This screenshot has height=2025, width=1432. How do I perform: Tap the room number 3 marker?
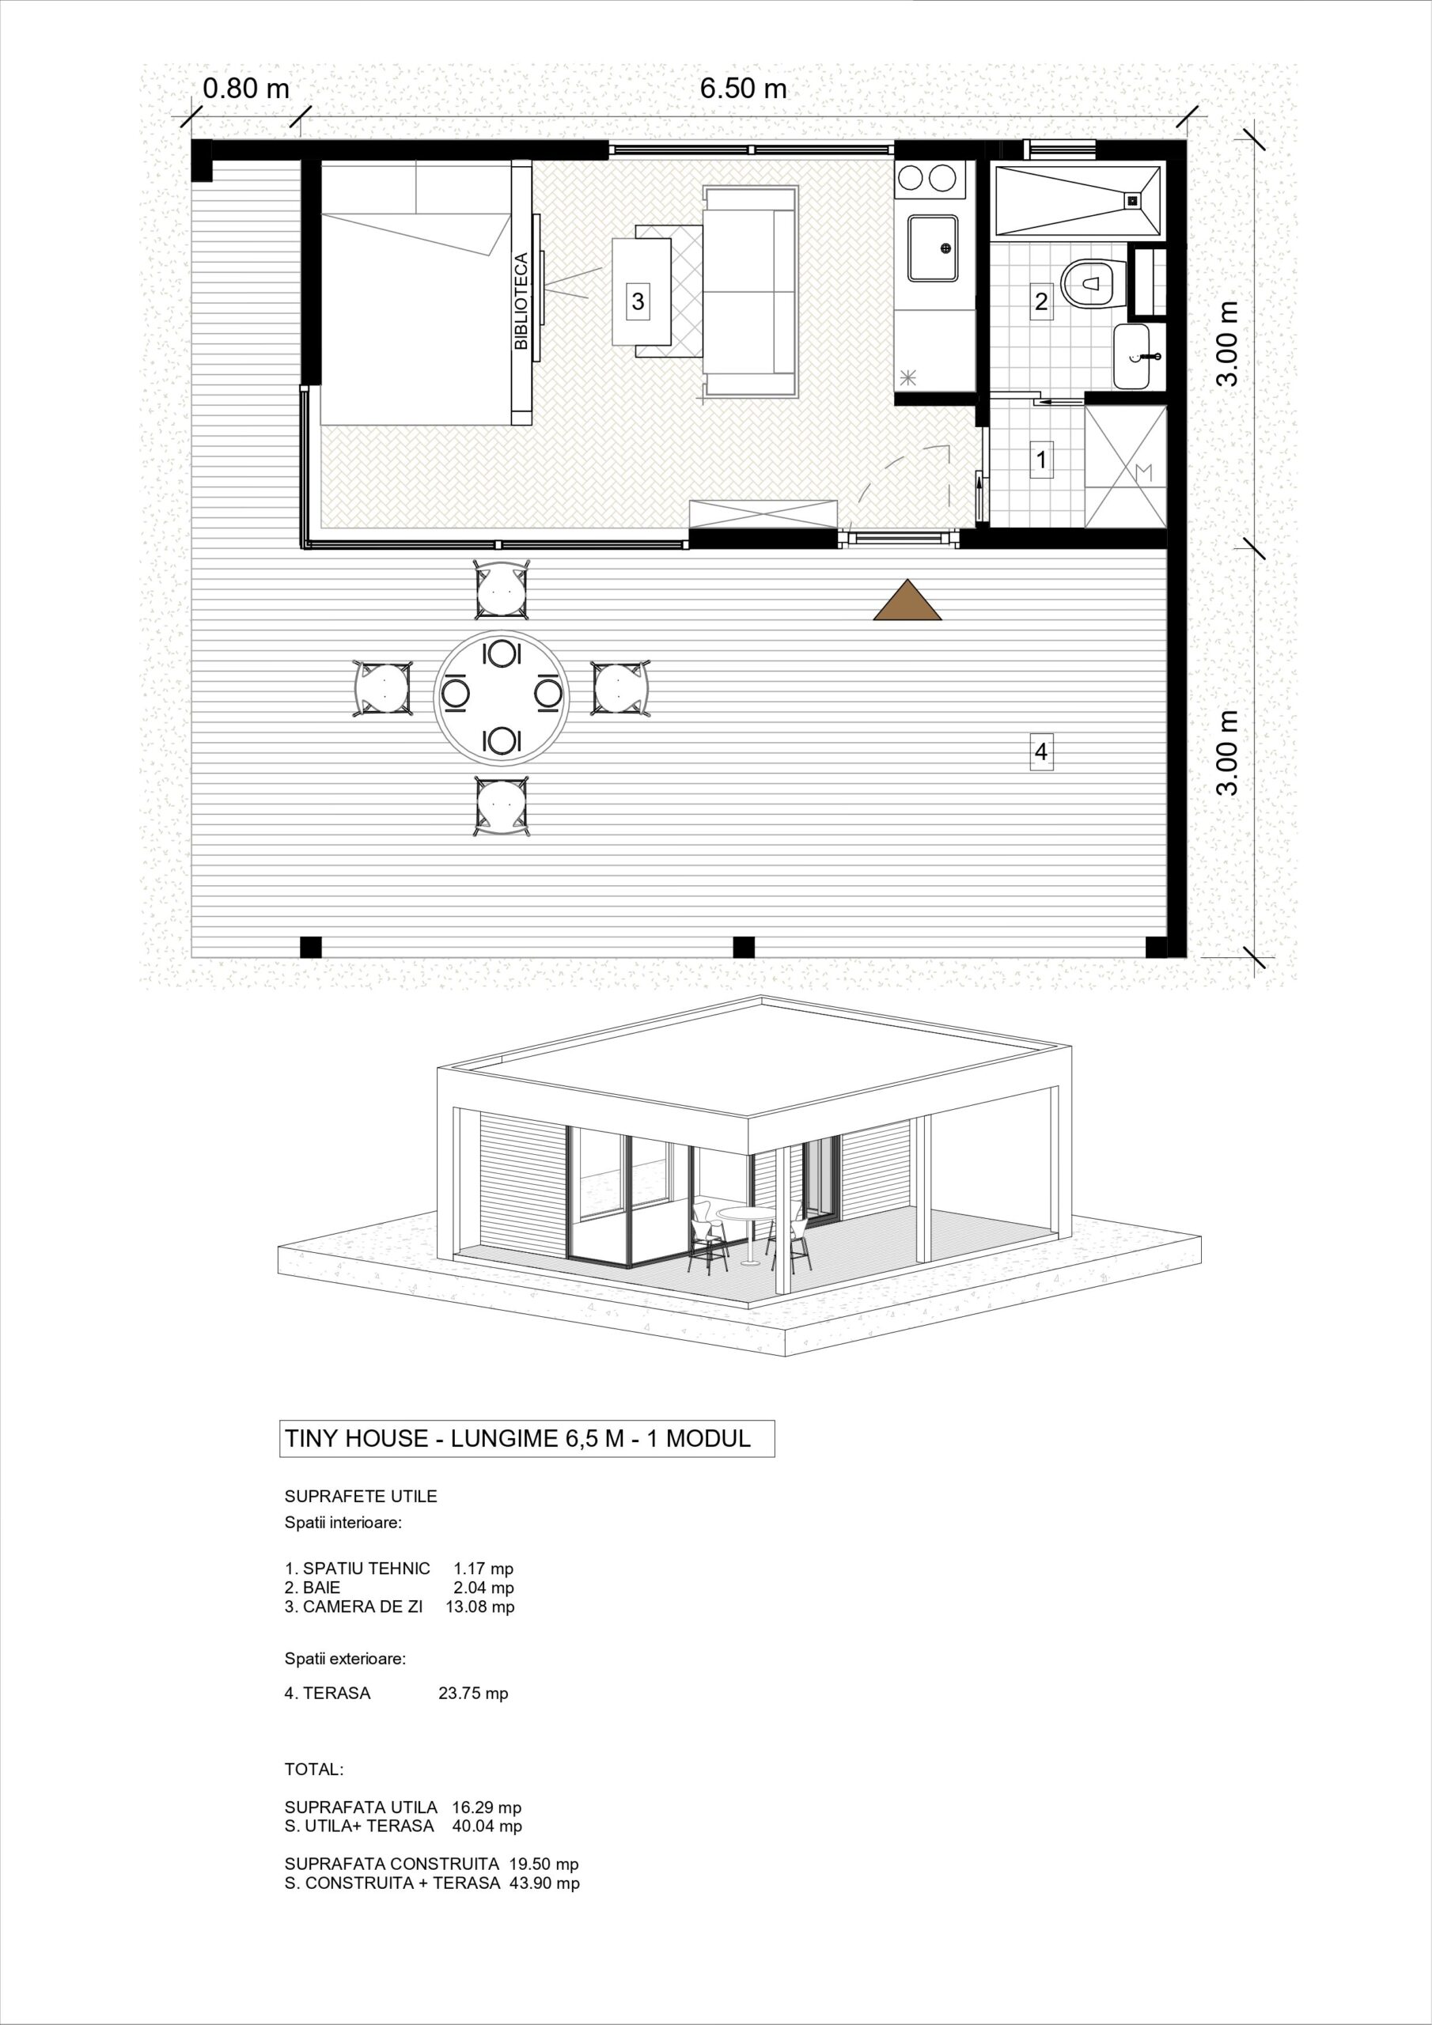pyautogui.click(x=637, y=301)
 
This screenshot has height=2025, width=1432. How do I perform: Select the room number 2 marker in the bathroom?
pyautogui.click(x=1041, y=301)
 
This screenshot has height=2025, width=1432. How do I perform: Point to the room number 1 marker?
pyautogui.click(x=1041, y=460)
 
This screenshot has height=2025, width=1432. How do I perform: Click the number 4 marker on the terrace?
pyautogui.click(x=1041, y=752)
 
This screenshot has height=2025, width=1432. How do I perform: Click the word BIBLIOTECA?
pyautogui.click(x=521, y=301)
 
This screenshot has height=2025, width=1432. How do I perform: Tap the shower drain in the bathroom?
pyautogui.click(x=1132, y=200)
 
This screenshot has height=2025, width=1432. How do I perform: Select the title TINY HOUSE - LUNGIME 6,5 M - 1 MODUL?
pyautogui.click(x=518, y=1440)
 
